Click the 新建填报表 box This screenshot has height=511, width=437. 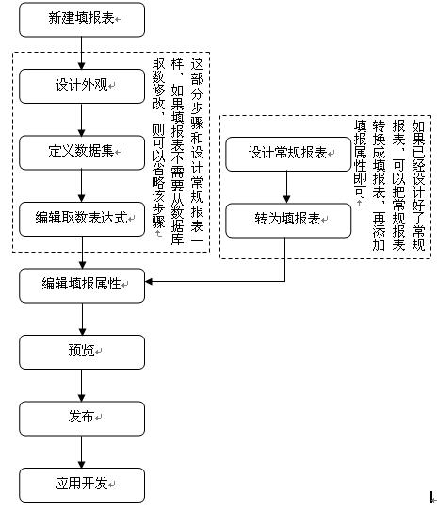pyautogui.click(x=82, y=20)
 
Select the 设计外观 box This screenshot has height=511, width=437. pyautogui.click(x=82, y=86)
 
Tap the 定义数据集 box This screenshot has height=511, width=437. pyautogui.click(x=82, y=153)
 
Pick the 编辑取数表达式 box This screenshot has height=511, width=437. pyautogui.click(x=82, y=219)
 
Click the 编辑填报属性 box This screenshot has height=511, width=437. pyautogui.click(x=82, y=286)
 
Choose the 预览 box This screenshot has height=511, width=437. pyautogui.click(x=82, y=352)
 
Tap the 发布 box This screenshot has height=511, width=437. pyautogui.click(x=82, y=419)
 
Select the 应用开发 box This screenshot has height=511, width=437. pyautogui.click(x=82, y=485)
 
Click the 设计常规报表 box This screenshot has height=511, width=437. pyautogui.click(x=288, y=154)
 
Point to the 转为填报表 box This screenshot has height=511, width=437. pyautogui.click(x=288, y=221)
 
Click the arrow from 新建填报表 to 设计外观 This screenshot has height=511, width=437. pyautogui.click(x=81, y=53)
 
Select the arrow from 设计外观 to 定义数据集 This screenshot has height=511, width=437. pyautogui.click(x=81, y=120)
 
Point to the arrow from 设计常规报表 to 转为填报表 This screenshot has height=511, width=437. pyautogui.click(x=286, y=188)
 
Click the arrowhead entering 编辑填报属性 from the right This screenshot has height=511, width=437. pyautogui.click(x=149, y=281)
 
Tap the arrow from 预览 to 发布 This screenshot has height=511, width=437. pyautogui.click(x=81, y=386)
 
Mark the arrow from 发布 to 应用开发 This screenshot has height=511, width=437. pyautogui.click(x=81, y=452)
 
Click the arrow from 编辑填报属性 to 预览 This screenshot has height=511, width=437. pyautogui.click(x=82, y=319)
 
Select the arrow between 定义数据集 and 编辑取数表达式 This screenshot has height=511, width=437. pyautogui.click(x=81, y=186)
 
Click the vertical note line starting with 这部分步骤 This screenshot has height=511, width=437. pyautogui.click(x=197, y=150)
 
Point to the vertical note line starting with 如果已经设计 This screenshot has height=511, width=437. pyautogui.click(x=418, y=185)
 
